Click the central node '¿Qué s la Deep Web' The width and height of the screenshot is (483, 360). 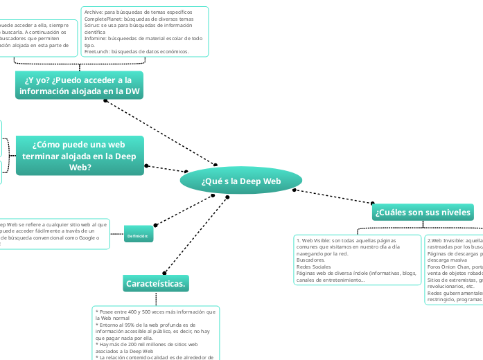(x=241, y=181)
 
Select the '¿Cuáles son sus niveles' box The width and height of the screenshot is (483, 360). (x=423, y=212)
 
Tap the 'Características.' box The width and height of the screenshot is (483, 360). (x=157, y=283)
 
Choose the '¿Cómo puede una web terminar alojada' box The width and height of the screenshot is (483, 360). (x=80, y=155)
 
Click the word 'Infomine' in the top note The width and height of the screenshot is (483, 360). (x=95, y=39)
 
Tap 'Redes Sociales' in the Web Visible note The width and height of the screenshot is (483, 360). (x=313, y=267)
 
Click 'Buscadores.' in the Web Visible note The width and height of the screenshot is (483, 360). (x=310, y=260)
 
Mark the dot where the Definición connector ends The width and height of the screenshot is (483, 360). (x=155, y=225)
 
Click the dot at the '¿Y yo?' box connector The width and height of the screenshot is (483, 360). (x=105, y=100)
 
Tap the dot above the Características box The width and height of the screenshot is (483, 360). (x=164, y=272)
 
